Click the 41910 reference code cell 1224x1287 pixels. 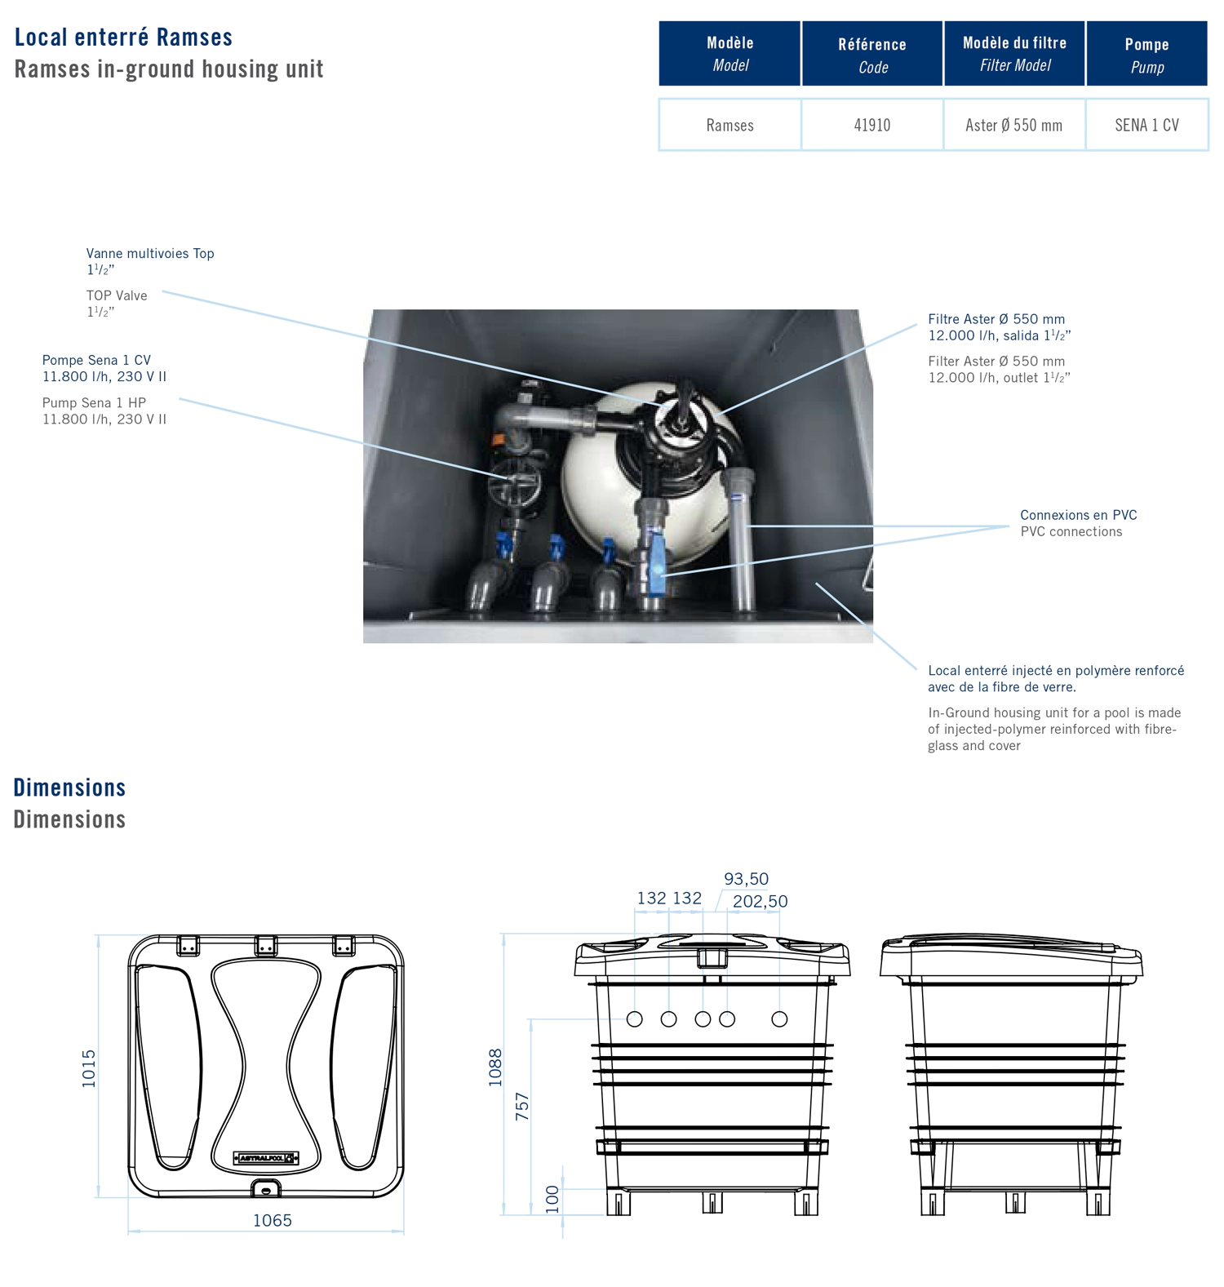pyautogui.click(x=871, y=125)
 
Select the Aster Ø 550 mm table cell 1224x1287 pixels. pyautogui.click(x=1013, y=125)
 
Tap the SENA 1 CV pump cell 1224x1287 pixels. pyautogui.click(x=1146, y=125)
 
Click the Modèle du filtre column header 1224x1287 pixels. pyautogui.click(x=1014, y=53)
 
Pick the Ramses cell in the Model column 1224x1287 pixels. pyautogui.click(x=730, y=125)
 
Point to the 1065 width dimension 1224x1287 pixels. pyautogui.click(x=272, y=1221)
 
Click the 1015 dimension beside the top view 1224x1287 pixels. pyautogui.click(x=89, y=1068)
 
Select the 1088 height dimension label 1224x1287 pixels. pyautogui.click(x=495, y=1067)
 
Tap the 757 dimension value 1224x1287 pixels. pyautogui.click(x=522, y=1106)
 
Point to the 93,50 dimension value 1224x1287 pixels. pyautogui.click(x=746, y=879)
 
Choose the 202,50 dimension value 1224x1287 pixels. pyautogui.click(x=760, y=902)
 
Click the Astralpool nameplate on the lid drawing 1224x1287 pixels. pyautogui.click(x=266, y=1158)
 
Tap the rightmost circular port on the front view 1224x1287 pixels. pyautogui.click(x=779, y=1019)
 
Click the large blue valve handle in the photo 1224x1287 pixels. pyautogui.click(x=657, y=559)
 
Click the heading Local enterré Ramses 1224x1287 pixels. pyautogui.click(x=123, y=38)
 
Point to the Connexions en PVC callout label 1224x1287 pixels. pyautogui.click(x=1078, y=515)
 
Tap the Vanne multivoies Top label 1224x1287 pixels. pyautogui.click(x=150, y=254)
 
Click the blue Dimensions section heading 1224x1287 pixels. pyautogui.click(x=69, y=788)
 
